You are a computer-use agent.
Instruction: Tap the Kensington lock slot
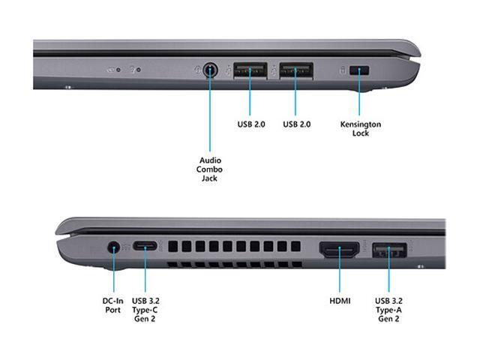364,70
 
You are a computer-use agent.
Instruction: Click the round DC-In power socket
114,246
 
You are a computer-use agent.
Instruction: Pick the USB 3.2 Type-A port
388,250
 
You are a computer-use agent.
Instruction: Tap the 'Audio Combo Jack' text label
209,169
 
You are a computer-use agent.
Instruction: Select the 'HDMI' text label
340,301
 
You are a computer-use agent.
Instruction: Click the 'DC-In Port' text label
113,305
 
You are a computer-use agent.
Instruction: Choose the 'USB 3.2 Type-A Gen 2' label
388,310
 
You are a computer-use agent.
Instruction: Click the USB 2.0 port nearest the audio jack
250,70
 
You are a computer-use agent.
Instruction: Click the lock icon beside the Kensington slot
343,70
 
